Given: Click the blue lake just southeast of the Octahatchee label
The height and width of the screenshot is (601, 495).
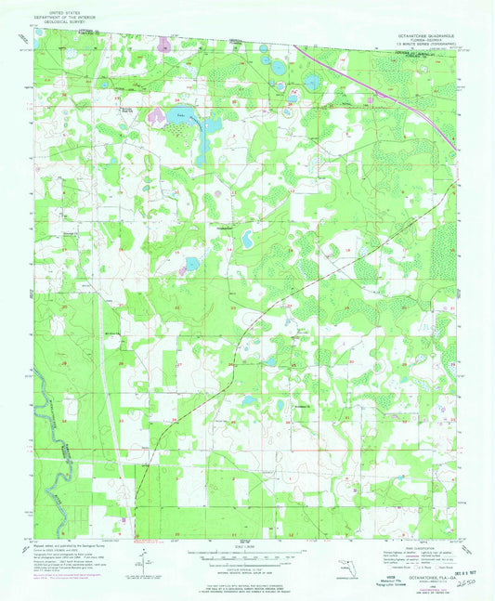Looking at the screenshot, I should click(x=248, y=240).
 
